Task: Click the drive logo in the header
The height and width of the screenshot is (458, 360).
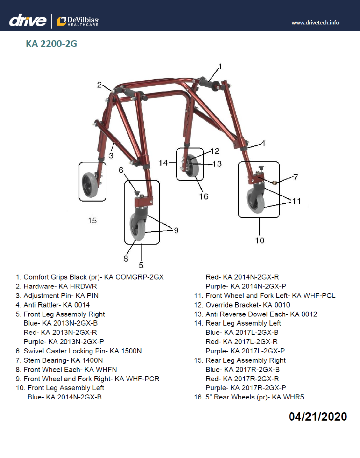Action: [x=28, y=21]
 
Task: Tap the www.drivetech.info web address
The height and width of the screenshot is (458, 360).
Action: [x=315, y=23]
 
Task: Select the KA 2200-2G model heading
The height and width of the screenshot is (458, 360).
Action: [x=51, y=44]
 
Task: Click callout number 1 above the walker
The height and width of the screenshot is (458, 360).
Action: [x=220, y=66]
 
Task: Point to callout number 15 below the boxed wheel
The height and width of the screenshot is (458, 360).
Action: [x=92, y=221]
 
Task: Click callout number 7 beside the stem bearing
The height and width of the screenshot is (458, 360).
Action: [x=296, y=177]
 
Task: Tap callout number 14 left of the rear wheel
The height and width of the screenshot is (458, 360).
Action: [x=163, y=163]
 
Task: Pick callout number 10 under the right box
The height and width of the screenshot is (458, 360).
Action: [x=260, y=241]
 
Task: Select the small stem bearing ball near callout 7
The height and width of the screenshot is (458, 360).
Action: [x=275, y=182]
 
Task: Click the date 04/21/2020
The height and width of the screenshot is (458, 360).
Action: [x=318, y=416]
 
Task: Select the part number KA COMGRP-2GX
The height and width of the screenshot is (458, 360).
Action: [x=134, y=277]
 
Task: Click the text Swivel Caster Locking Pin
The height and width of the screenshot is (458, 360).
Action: [x=65, y=351]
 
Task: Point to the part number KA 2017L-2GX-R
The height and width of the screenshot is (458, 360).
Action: [x=250, y=342]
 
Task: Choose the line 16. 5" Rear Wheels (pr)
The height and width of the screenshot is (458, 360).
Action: [x=249, y=397]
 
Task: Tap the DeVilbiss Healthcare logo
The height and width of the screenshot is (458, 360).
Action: [x=78, y=21]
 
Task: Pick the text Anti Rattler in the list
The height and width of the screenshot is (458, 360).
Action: [x=42, y=305]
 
